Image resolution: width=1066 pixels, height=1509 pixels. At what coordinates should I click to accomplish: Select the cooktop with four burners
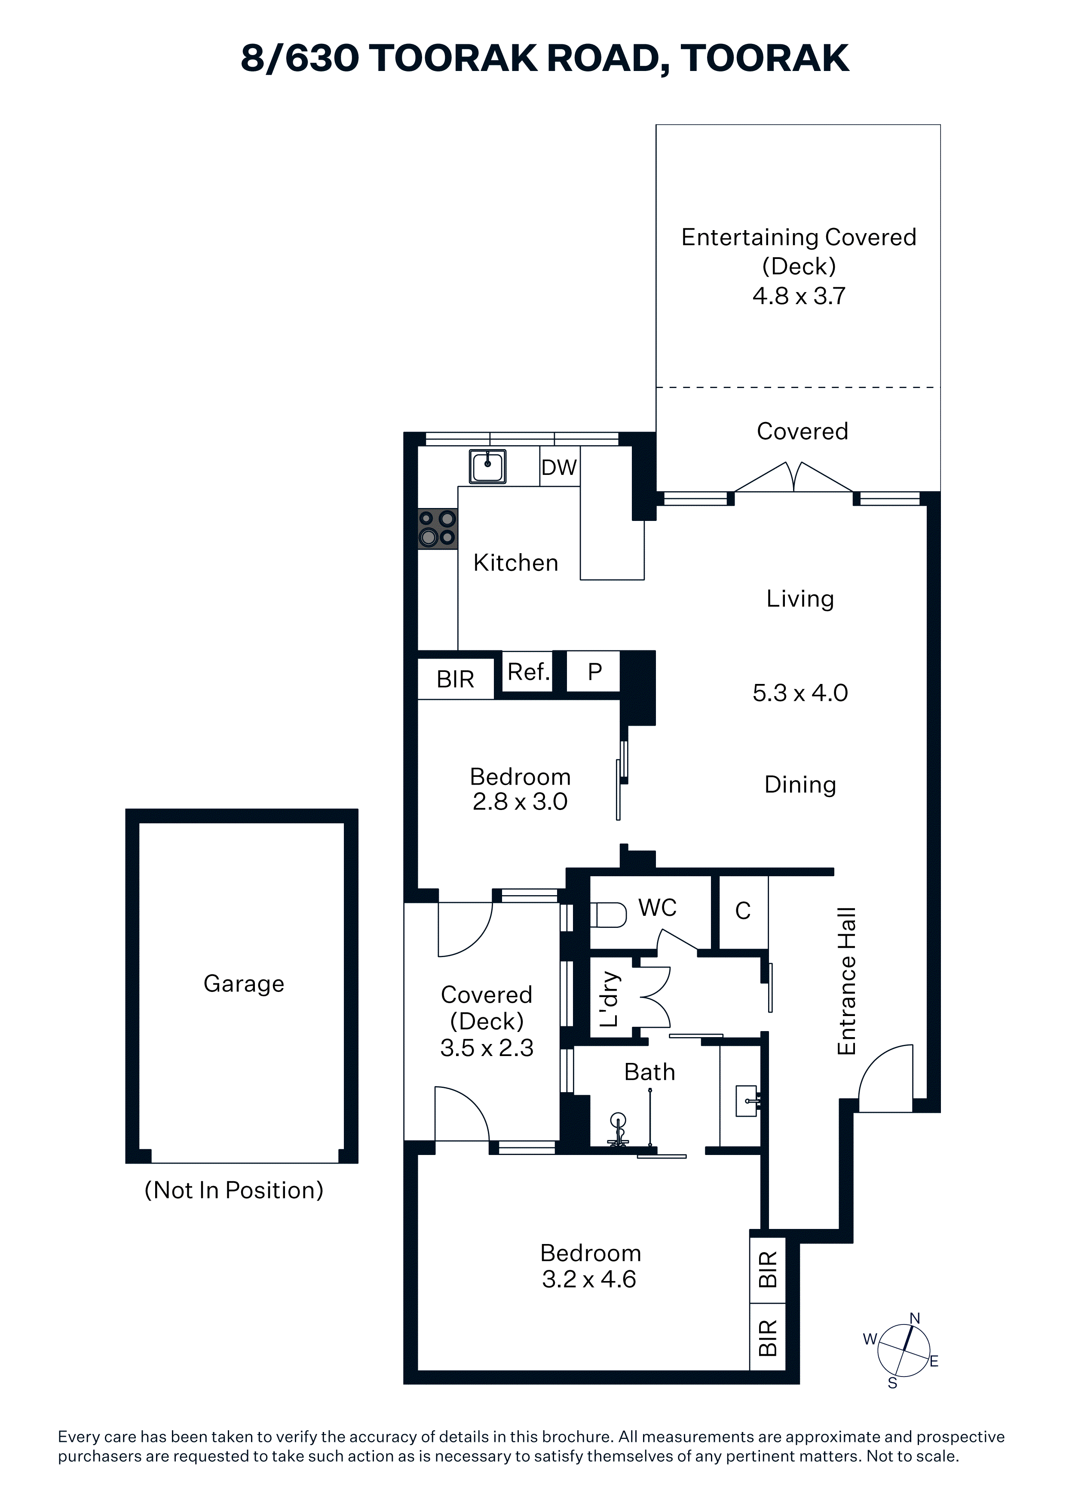[x=438, y=528]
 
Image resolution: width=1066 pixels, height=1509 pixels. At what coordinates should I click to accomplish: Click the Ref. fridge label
[x=529, y=671]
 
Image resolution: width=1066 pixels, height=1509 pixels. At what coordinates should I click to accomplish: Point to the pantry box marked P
[x=593, y=671]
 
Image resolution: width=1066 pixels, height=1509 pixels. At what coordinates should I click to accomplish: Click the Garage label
[x=244, y=984]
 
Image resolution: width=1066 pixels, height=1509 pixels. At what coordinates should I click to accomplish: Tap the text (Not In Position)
[x=234, y=1190]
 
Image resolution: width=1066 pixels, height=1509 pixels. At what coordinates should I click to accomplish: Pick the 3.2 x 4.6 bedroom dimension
[x=589, y=1279]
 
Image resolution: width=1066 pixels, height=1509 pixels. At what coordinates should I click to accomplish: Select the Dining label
[x=800, y=785]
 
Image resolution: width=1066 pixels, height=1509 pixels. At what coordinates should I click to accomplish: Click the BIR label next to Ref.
[x=455, y=679]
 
